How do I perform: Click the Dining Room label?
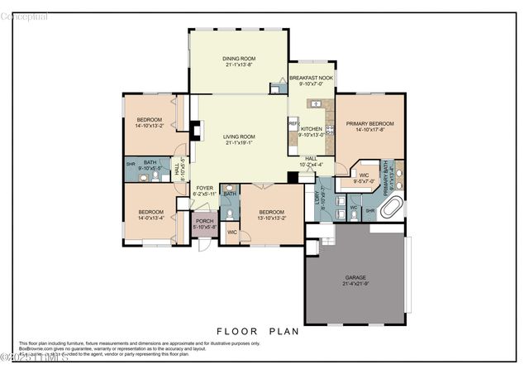point(238,58)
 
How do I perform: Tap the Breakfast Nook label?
point(311,78)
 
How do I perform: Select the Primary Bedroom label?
point(369,123)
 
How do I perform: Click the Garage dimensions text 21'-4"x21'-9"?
point(355,284)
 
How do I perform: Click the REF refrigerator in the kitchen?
point(293,122)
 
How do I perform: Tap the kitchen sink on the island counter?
point(315,103)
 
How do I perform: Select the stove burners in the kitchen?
point(329,128)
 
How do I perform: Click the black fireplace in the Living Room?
point(195,130)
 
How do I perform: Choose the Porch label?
point(203,221)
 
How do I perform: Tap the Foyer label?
point(204,188)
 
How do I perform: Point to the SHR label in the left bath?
point(131,164)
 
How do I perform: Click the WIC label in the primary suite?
point(364,175)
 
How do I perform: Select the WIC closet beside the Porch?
point(232,233)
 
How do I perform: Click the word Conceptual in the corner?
point(25,17)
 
